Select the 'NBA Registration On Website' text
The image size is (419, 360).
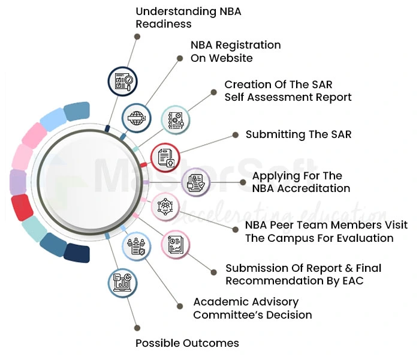coord(236,52)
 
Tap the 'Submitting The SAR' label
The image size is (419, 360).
coord(299,134)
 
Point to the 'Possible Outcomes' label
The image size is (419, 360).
coord(187,343)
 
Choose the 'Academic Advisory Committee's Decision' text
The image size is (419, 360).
coord(252,308)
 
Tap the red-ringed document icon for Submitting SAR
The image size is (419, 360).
coord(165,158)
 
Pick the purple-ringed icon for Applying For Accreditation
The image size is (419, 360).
coord(196,182)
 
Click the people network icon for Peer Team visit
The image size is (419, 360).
coord(165,207)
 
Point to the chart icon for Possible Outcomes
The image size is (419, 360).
coord(123,283)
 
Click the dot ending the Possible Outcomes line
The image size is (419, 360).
coord(137,328)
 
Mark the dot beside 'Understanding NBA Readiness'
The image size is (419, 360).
coord(137,37)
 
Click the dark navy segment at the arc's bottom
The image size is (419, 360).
coord(77,253)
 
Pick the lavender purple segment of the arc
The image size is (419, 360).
coord(18,182)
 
